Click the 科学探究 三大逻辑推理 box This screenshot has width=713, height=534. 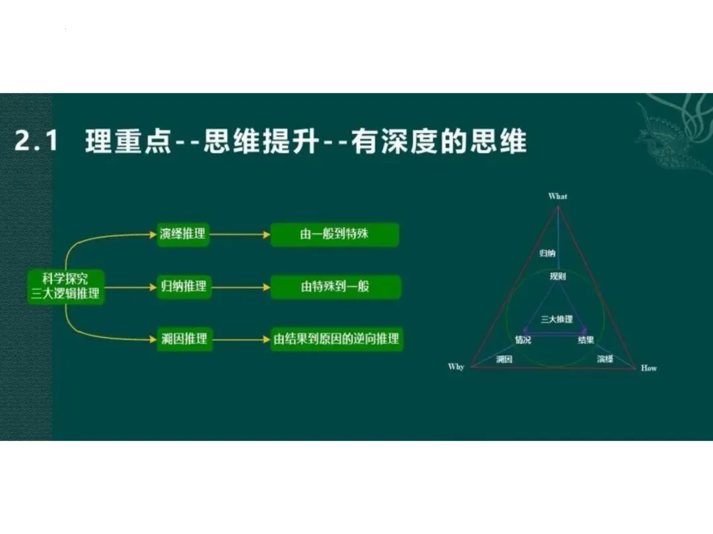pyautogui.click(x=65, y=286)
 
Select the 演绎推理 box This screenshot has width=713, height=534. pyautogui.click(x=183, y=234)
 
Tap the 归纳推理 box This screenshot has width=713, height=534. pyautogui.click(x=183, y=287)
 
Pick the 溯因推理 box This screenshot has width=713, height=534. pyautogui.click(x=183, y=340)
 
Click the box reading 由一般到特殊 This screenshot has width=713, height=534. pyautogui.click(x=335, y=234)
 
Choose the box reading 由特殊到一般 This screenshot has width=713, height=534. pyautogui.click(x=335, y=287)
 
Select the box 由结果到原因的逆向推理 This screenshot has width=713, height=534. pyautogui.click(x=337, y=340)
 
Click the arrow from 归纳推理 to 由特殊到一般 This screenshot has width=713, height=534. pyautogui.click(x=240, y=287)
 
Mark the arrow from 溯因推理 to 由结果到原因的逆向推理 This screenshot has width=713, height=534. pyautogui.click(x=240, y=340)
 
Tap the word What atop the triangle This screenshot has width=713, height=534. pyautogui.click(x=558, y=196)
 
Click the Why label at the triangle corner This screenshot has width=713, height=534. pyautogui.click(x=456, y=367)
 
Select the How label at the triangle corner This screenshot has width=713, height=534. pyautogui.click(x=648, y=368)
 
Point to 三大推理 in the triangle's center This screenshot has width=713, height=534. pyautogui.click(x=557, y=320)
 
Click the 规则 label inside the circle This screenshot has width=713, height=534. pyautogui.click(x=558, y=277)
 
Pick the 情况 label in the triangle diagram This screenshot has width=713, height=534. pyautogui.click(x=523, y=340)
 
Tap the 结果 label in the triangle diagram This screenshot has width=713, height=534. pyautogui.click(x=586, y=340)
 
